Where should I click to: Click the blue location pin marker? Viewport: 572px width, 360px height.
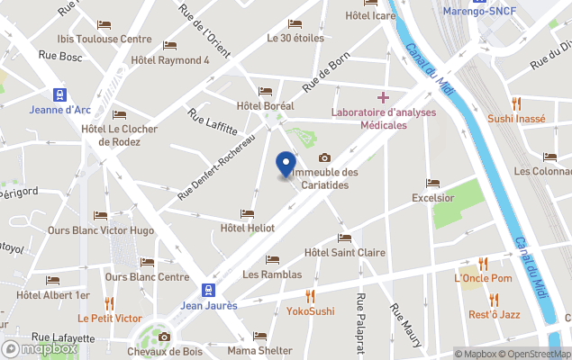coord(286,165)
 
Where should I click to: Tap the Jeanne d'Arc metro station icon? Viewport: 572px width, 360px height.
coord(60,94)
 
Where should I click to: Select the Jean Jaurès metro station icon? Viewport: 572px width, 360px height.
coord(209,290)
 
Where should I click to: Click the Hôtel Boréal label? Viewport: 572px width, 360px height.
coord(264,106)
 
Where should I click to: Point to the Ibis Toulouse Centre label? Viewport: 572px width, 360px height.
coord(104,39)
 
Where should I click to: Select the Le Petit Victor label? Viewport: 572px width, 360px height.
coord(109,318)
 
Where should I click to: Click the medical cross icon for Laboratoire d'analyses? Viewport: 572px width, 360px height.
coord(383,96)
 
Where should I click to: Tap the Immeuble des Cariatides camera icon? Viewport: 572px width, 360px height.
coord(325,158)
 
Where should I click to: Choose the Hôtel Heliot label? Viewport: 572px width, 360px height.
coord(248,229)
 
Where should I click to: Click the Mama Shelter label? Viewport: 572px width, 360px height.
coord(259,350)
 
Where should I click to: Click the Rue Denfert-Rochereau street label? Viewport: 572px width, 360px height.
coord(217,166)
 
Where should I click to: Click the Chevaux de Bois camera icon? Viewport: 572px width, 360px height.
coord(164,337)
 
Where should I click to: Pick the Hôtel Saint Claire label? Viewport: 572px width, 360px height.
coord(345,253)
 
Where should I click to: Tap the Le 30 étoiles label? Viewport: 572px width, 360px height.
coord(295,39)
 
